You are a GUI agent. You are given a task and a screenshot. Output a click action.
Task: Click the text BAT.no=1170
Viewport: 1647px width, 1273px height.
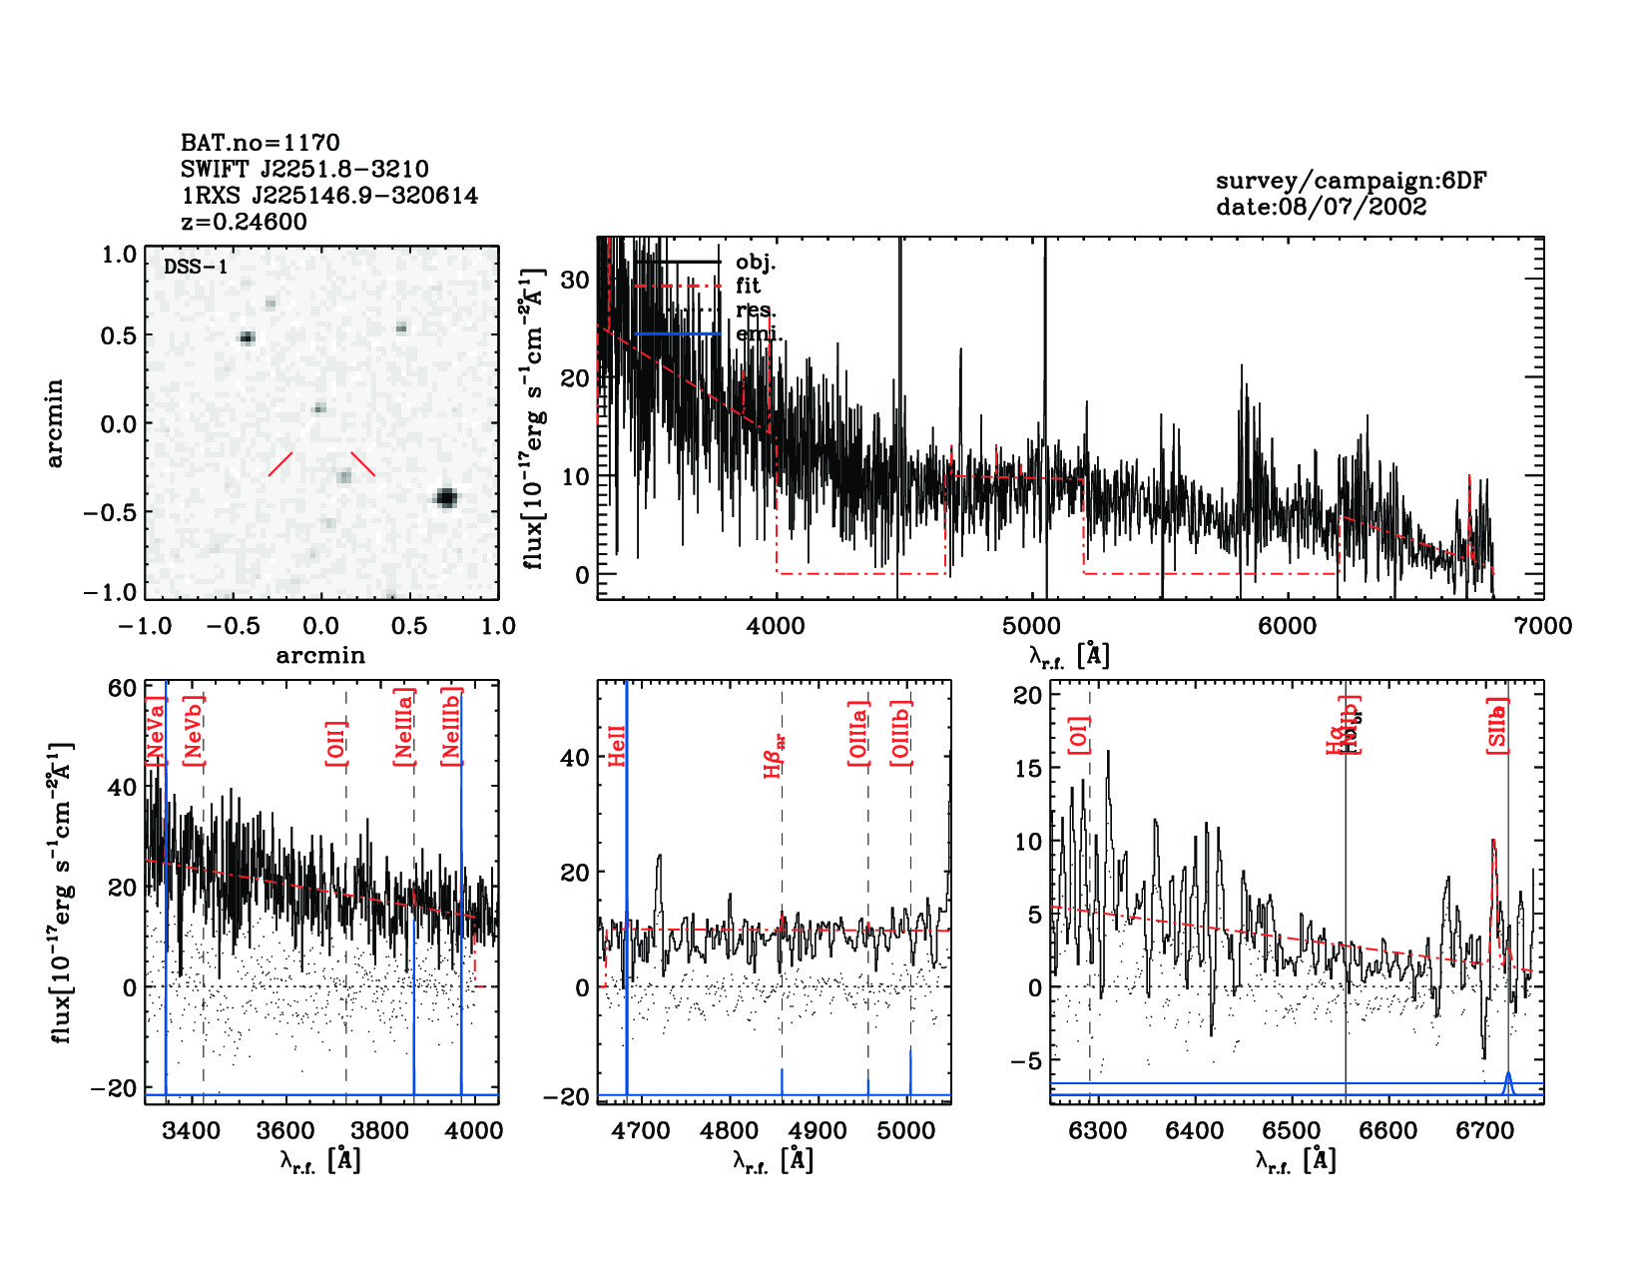(260, 143)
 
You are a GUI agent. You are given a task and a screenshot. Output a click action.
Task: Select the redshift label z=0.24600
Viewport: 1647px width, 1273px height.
(244, 222)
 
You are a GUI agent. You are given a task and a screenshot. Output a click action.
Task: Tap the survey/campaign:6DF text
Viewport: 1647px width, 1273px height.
(1351, 181)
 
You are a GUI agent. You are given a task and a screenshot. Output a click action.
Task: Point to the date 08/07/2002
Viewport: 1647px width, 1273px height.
(1321, 207)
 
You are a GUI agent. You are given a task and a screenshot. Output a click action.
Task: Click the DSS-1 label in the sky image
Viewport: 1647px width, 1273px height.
(196, 267)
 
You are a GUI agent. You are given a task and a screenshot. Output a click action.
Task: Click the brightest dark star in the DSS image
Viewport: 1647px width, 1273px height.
(446, 497)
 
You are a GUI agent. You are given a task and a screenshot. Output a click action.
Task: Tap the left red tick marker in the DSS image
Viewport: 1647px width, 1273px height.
(280, 463)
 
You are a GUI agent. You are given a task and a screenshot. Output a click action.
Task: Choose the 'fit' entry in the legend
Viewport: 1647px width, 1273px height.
(748, 287)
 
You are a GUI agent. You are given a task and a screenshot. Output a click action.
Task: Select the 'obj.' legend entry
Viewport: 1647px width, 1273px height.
(755, 263)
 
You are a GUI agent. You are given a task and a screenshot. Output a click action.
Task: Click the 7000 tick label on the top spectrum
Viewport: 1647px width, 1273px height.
(1542, 626)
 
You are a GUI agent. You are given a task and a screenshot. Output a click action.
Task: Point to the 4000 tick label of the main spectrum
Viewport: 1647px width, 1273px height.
(776, 626)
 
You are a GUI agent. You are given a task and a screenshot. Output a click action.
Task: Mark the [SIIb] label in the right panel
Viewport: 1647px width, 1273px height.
(1497, 726)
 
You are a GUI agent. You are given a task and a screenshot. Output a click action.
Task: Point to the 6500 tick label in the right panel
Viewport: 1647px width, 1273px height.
(1292, 1131)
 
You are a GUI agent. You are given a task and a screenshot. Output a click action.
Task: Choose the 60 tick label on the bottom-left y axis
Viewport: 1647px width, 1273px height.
(123, 688)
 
